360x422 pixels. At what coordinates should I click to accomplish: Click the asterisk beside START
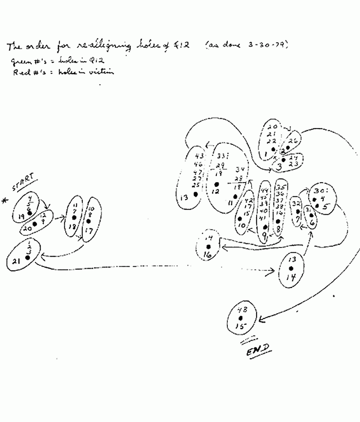click(x=5, y=201)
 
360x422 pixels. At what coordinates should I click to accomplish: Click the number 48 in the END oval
click(x=242, y=310)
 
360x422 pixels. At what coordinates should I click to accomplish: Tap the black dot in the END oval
click(x=240, y=318)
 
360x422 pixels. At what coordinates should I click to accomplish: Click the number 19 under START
click(x=21, y=216)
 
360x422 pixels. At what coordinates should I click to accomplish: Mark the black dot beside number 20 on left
click(x=35, y=224)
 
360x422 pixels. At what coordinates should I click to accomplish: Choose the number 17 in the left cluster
click(x=88, y=230)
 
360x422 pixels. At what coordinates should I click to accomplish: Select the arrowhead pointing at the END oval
click(x=261, y=319)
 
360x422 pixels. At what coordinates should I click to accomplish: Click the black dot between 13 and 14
click(x=292, y=268)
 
